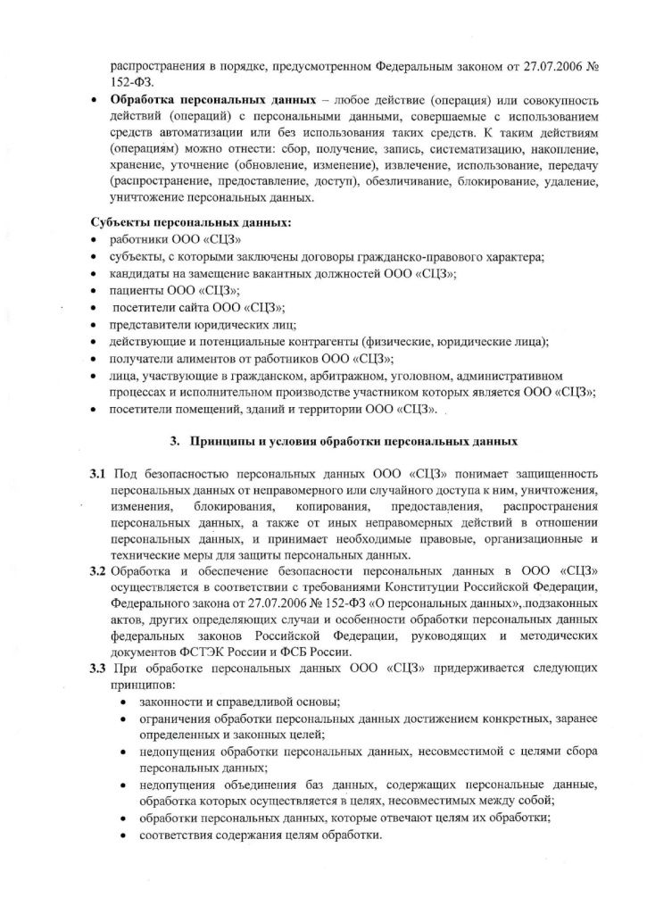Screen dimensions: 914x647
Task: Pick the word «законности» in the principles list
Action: [169, 702]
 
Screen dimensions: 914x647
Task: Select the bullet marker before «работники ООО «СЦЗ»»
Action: [94, 240]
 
